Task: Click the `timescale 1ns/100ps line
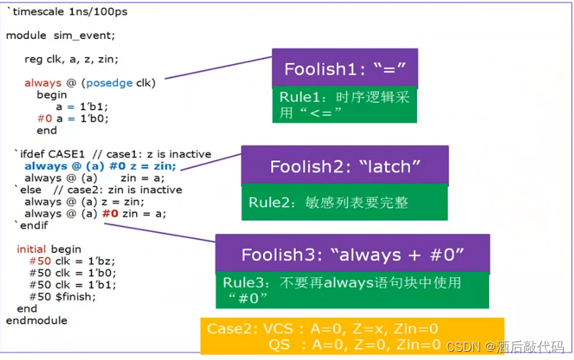click(66, 12)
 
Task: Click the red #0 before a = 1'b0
click(44, 118)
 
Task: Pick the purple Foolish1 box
click(345, 68)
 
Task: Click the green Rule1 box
click(345, 105)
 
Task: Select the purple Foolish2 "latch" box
click(345, 166)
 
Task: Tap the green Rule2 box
click(345, 203)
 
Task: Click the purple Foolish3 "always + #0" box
click(352, 255)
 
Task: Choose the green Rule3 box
click(352, 290)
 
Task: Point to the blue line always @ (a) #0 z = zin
click(100, 166)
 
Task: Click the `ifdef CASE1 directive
click(48, 154)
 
